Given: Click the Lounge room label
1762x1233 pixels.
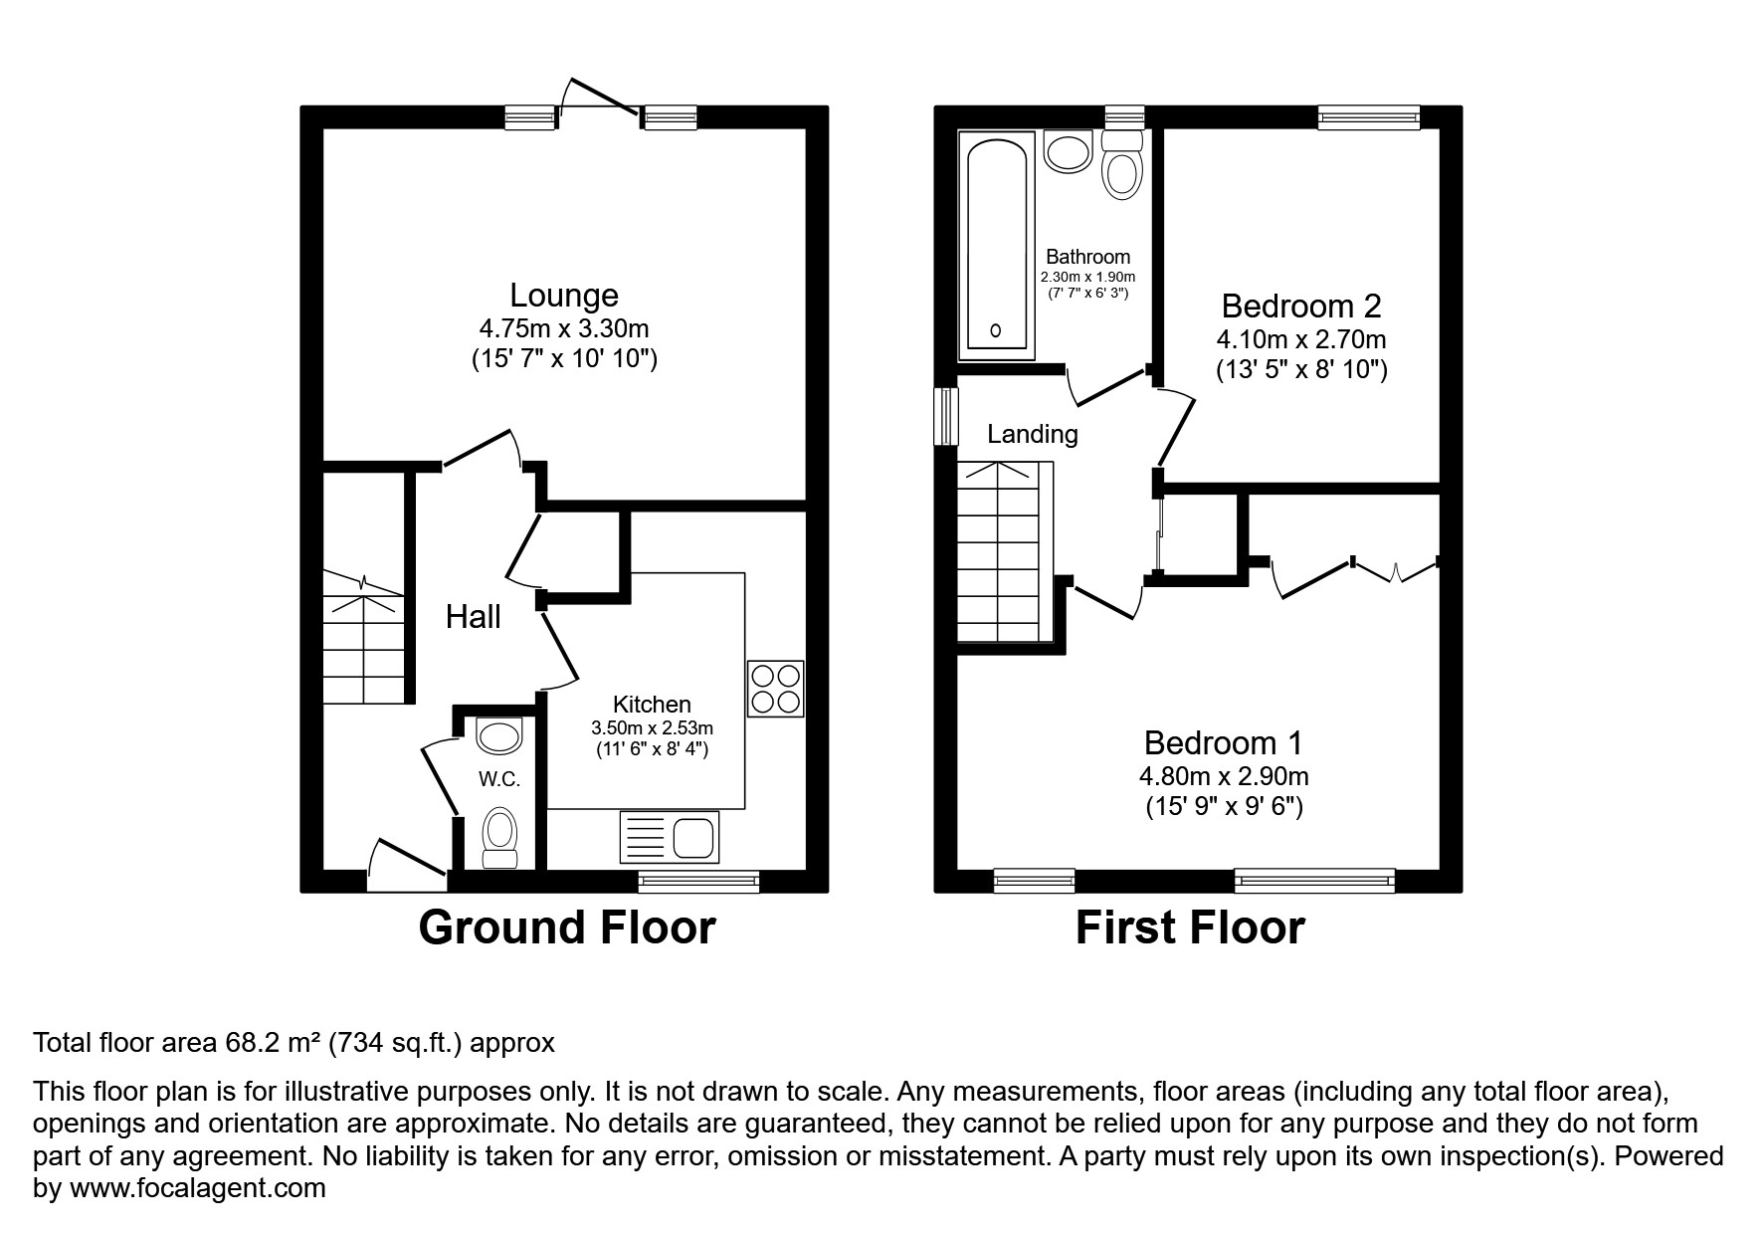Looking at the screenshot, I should (x=563, y=296).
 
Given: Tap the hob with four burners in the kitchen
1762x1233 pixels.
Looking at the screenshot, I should (x=775, y=689).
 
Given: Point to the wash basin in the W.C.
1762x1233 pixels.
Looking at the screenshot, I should (x=498, y=736).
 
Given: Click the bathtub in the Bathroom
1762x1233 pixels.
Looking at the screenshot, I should (x=995, y=249).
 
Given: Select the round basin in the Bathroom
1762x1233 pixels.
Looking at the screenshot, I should (x=1069, y=153).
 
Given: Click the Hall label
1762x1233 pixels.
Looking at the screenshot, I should (x=473, y=617).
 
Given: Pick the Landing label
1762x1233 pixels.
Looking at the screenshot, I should (x=1032, y=434).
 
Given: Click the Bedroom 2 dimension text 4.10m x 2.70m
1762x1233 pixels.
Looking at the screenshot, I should (x=1300, y=339).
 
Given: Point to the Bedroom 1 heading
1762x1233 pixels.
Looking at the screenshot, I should (x=1223, y=742).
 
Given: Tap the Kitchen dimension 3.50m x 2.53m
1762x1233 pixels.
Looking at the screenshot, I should (x=652, y=727).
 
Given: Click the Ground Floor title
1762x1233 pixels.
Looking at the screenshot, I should (x=566, y=927).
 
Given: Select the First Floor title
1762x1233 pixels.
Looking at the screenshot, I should (x=1189, y=927).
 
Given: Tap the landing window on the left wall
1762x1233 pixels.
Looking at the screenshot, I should (x=945, y=416).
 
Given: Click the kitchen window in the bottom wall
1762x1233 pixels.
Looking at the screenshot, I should (x=698, y=879).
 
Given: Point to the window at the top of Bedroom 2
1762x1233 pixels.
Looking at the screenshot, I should (x=1368, y=117).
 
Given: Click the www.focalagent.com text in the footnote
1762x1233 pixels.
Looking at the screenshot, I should (x=194, y=1188).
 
